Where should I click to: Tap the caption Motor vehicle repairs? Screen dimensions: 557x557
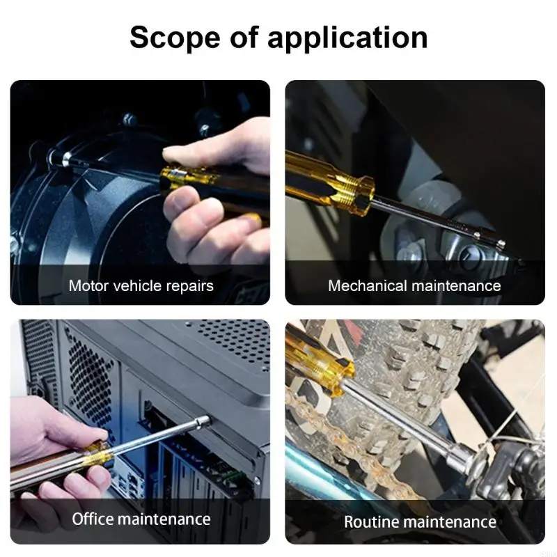click(x=141, y=285)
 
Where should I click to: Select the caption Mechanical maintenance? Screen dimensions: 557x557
click(x=414, y=285)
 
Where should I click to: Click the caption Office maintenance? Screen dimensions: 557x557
click(x=141, y=519)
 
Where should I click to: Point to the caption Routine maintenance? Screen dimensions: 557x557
click(x=420, y=521)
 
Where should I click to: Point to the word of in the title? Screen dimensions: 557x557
click(x=246, y=37)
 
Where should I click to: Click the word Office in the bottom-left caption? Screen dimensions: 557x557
click(x=93, y=519)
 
